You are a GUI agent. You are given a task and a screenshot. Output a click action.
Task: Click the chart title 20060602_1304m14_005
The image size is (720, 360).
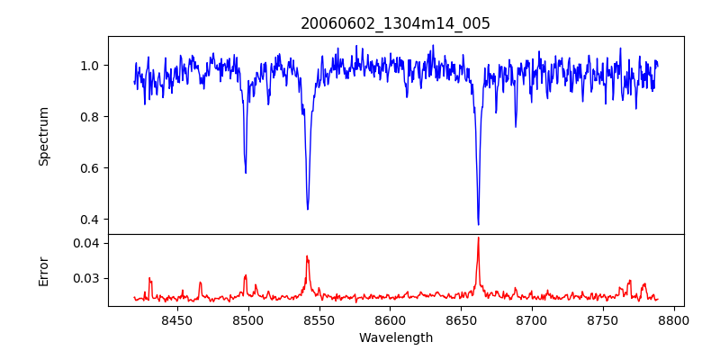coord(395,23)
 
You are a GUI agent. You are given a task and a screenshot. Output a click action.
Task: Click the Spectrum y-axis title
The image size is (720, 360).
coord(44,136)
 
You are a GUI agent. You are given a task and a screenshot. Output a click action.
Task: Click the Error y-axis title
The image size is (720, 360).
coord(44,271)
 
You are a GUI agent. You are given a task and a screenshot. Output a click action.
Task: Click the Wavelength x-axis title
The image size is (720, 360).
coord(395,338)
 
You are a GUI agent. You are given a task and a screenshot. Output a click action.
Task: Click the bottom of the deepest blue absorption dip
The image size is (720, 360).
coord(478,224)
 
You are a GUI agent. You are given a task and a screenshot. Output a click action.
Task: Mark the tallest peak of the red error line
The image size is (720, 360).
coord(478,238)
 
